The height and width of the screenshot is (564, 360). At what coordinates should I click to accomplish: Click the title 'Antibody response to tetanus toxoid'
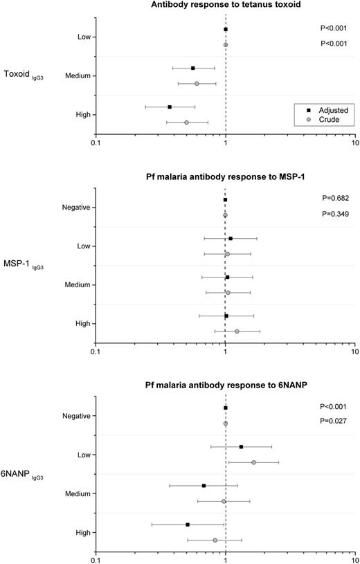pyautogui.click(x=225, y=6)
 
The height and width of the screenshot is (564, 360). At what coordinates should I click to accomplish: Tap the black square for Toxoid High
pyautogui.click(x=170, y=107)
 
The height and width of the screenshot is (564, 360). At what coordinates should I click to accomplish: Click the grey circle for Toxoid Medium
pyautogui.click(x=197, y=84)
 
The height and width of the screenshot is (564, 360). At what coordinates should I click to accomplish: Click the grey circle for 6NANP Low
pyautogui.click(x=253, y=462)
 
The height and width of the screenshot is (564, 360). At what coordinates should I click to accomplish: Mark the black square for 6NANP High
pyautogui.click(x=188, y=525)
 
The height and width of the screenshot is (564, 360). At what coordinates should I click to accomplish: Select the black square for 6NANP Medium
pyautogui.click(x=204, y=486)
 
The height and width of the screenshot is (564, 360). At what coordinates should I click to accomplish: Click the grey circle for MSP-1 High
pyautogui.click(x=237, y=331)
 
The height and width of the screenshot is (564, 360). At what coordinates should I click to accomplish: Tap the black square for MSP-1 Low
pyautogui.click(x=231, y=238)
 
